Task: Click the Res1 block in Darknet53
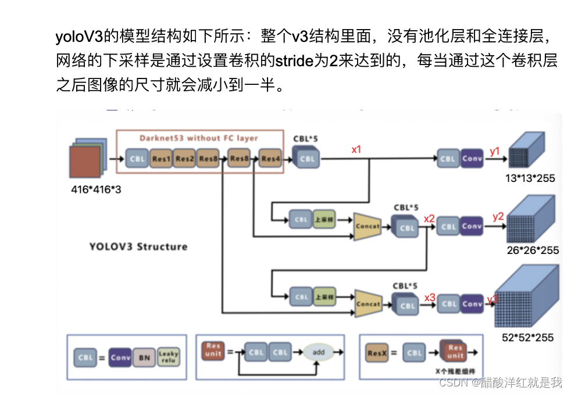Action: click(161, 158)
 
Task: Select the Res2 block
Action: click(184, 158)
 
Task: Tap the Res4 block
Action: click(269, 158)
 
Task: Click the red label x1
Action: click(356, 149)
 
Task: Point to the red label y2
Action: click(498, 217)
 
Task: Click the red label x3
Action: click(430, 298)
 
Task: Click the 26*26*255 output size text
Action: click(533, 250)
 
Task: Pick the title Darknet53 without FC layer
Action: click(198, 138)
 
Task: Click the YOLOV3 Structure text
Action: click(138, 246)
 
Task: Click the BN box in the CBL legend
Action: click(144, 357)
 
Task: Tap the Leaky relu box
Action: click(169, 357)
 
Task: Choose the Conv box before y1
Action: click(472, 158)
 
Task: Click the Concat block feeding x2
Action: click(367, 227)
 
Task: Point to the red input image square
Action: click(85, 164)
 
